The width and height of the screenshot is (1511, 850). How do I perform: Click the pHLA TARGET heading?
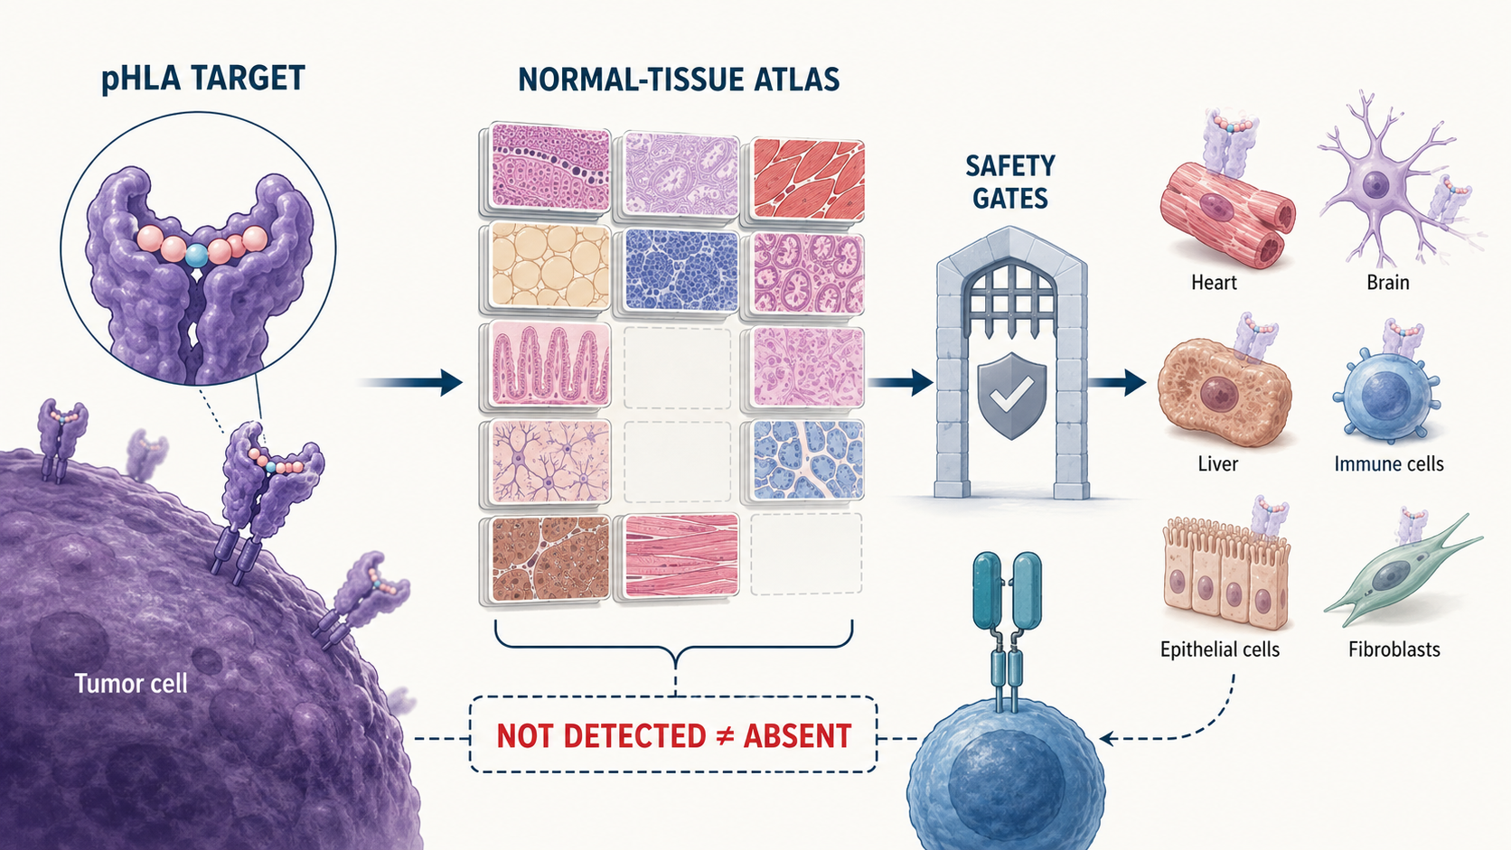(x=203, y=79)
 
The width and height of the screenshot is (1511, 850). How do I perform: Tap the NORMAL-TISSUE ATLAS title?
(x=679, y=79)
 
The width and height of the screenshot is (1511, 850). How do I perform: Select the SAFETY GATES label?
(x=1009, y=182)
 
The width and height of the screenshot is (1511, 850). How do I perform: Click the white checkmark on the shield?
(x=1012, y=393)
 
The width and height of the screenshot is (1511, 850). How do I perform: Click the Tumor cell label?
(x=131, y=684)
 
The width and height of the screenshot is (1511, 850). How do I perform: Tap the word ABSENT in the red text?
(x=797, y=735)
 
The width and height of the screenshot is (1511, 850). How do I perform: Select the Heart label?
(x=1214, y=282)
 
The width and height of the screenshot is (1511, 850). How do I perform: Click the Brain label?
(x=1387, y=282)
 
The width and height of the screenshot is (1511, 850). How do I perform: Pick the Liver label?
(x=1217, y=463)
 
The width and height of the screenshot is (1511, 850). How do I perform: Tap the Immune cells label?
(x=1389, y=463)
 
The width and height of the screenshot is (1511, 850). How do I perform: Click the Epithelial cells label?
(x=1220, y=649)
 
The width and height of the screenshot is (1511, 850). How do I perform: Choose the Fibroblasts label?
(x=1394, y=649)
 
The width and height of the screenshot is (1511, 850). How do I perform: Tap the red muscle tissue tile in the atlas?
(x=807, y=179)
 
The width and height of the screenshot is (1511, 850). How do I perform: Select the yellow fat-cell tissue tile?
(x=550, y=266)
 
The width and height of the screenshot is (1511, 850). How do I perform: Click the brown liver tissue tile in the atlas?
(x=550, y=559)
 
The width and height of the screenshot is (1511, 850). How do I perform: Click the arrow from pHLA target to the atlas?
(x=411, y=383)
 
